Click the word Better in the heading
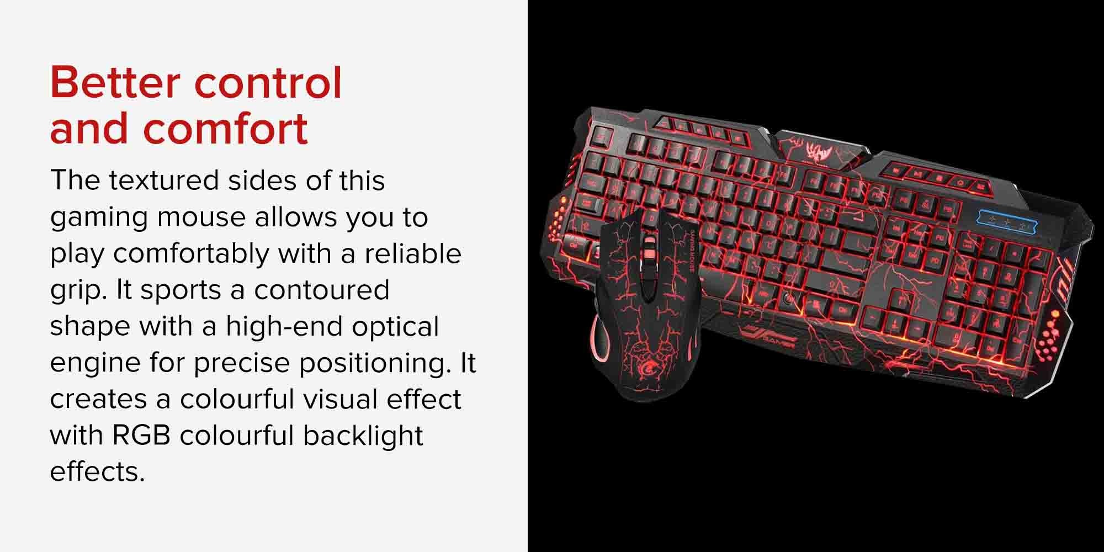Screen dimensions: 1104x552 pyautogui.click(x=115, y=83)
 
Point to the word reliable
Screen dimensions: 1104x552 pyautogui.click(x=412, y=253)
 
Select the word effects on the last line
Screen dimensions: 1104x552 pyautogui.click(x=97, y=472)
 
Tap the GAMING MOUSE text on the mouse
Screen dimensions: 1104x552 pyautogui.click(x=688, y=252)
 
